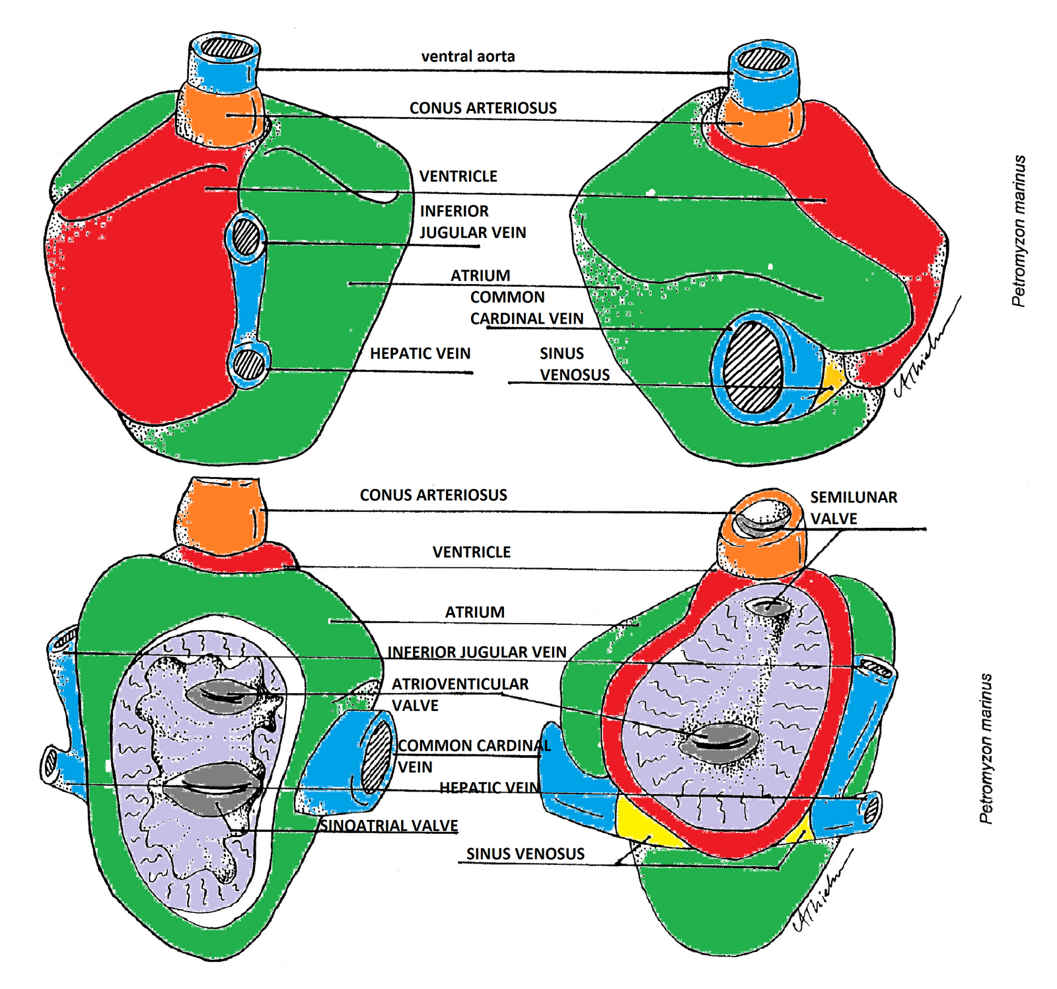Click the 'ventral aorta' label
pos(468,57)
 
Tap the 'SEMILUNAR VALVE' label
pos(854,507)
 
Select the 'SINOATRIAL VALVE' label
pos(389,826)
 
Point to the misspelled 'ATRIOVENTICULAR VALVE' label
pos(460,694)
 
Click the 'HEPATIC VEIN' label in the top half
pos(420,353)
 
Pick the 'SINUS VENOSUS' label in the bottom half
pos(525,854)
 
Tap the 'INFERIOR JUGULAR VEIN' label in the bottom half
pos(476,652)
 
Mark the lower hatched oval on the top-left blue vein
pos(249,365)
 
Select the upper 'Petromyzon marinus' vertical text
pos(1019,231)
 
